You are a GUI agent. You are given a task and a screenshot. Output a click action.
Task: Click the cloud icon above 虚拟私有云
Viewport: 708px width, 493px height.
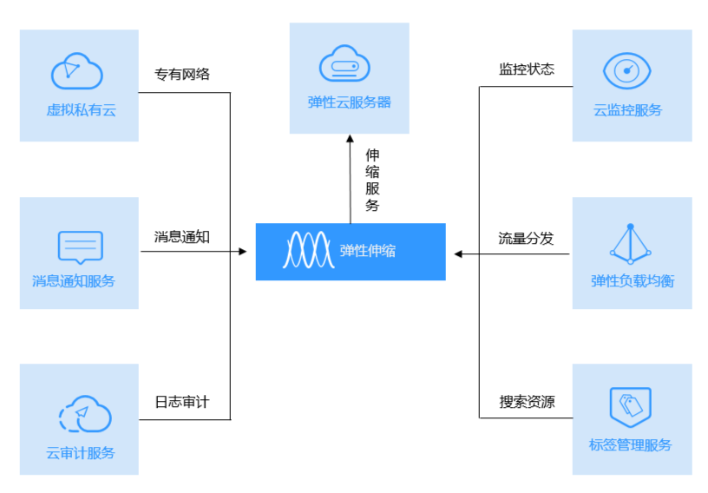pos(77,71)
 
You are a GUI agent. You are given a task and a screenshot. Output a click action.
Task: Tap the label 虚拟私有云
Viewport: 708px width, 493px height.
pos(80,110)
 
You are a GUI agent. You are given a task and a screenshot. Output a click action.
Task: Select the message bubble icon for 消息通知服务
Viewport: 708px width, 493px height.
pos(80,246)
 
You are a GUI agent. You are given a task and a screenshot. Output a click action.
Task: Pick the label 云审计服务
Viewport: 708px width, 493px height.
pos(80,452)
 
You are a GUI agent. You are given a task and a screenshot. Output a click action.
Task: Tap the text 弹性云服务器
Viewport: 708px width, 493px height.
pos(349,102)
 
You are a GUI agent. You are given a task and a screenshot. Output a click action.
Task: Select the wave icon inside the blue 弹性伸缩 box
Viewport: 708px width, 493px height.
pos(308,250)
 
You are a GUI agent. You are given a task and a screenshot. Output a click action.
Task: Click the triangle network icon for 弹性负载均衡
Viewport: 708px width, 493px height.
pos(630,244)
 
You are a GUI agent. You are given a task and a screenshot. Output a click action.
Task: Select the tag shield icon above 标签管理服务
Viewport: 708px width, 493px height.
pos(630,407)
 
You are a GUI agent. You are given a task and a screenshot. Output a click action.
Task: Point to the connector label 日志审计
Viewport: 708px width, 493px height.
pos(181,402)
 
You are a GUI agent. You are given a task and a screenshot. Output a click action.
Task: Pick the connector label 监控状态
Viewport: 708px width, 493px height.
pos(526,69)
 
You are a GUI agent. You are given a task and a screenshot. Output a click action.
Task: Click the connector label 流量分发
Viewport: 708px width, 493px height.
pos(526,237)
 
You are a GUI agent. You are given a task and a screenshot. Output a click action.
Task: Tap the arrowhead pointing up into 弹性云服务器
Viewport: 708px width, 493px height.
pos(351,139)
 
